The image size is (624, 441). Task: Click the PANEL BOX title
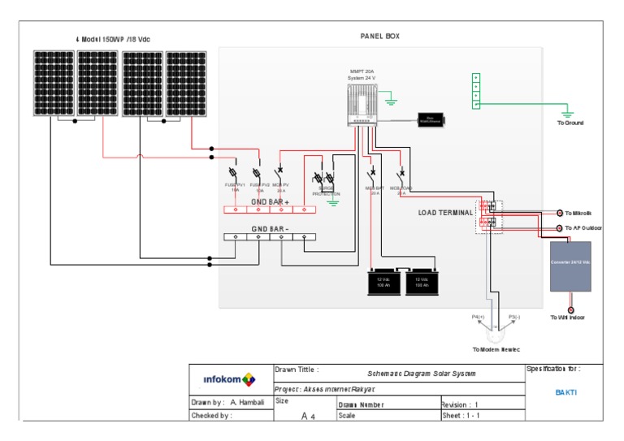(x=379, y=37)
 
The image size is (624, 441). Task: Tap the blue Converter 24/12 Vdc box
(x=570, y=266)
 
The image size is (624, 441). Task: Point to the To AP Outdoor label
(x=583, y=228)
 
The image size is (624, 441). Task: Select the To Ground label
(x=570, y=123)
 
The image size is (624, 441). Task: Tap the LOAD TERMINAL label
(x=445, y=213)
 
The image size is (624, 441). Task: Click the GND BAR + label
(x=270, y=201)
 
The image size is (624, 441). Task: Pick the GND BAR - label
(x=270, y=229)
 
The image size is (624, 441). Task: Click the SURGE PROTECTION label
(x=326, y=192)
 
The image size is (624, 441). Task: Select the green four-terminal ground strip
(x=476, y=90)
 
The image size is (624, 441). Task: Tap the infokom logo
(x=228, y=379)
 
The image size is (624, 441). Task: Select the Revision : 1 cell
(x=460, y=404)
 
